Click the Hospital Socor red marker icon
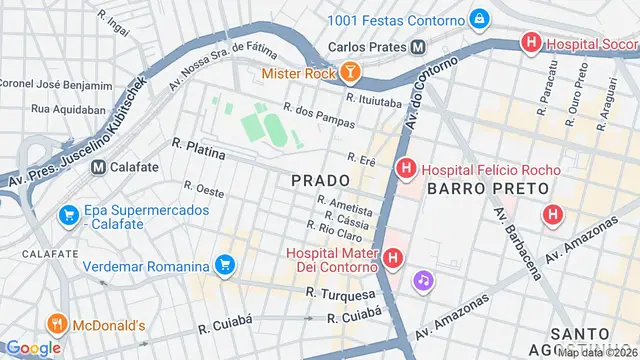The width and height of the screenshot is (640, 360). [530, 43]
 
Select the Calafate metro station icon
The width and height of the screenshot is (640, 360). [98, 167]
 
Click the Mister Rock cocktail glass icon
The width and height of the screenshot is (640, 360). [351, 73]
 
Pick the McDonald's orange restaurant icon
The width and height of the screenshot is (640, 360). [56, 325]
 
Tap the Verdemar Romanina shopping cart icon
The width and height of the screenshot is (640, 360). [226, 265]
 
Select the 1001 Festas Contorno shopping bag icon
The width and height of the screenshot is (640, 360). [481, 19]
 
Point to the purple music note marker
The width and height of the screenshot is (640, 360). [424, 281]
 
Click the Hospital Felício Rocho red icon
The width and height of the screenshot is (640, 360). [405, 170]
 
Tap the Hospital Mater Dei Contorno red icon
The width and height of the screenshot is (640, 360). [394, 259]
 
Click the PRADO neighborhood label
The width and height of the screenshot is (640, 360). [320, 181]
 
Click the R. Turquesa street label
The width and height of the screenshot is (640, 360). [341, 294]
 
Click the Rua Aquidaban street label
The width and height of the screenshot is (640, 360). [67, 108]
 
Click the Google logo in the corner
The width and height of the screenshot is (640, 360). [34, 348]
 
